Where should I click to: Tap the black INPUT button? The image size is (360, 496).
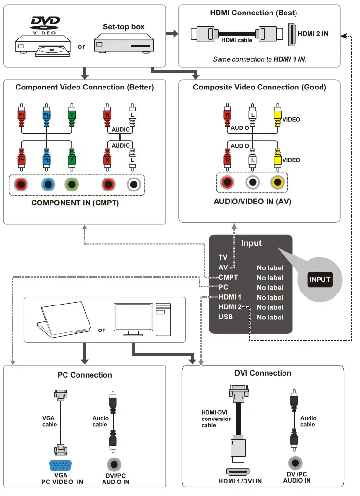[x=320, y=280]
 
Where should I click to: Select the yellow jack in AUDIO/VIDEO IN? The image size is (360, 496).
[x=278, y=182]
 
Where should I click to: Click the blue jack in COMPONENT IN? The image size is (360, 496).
[x=47, y=184]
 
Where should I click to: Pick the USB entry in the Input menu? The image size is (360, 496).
[x=226, y=317]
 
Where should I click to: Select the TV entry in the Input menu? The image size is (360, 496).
[x=223, y=258]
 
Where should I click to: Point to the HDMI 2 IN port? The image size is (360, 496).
[x=292, y=34]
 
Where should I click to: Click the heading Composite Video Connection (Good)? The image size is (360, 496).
[x=259, y=87]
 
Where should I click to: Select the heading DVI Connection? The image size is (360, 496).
[x=263, y=373]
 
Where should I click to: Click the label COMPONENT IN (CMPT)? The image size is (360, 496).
[x=75, y=203]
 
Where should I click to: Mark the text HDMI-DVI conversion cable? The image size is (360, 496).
[x=216, y=419]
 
